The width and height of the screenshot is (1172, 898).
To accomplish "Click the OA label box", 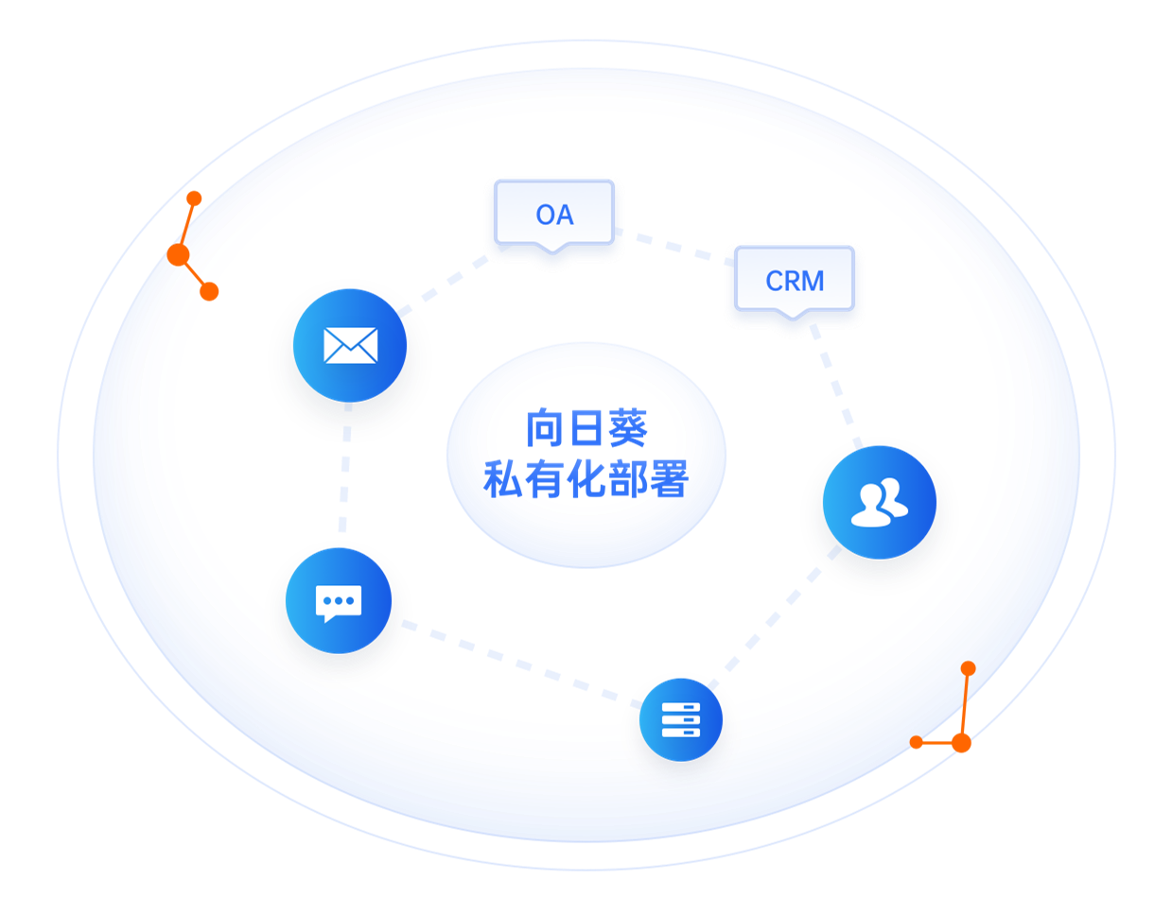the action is [x=554, y=214].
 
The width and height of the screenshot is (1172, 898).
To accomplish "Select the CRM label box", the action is [x=795, y=280].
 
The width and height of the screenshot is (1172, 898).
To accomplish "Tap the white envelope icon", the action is [x=350, y=345].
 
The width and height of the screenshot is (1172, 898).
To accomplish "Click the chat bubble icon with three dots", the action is [x=339, y=603].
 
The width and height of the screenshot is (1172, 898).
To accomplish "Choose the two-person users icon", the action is [x=879, y=502].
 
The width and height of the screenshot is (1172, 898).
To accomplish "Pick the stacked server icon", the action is [x=681, y=719].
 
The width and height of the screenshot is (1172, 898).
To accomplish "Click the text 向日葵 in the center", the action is [x=586, y=428].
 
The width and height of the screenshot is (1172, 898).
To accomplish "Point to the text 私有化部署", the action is [x=586, y=479].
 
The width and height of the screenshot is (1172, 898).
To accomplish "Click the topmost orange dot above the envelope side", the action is [x=194, y=199].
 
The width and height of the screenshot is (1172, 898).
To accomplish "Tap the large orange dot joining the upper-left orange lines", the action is [x=178, y=254].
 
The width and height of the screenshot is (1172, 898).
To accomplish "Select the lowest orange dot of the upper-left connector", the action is [x=209, y=291].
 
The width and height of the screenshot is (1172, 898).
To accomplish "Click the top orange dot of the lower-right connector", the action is [x=968, y=668].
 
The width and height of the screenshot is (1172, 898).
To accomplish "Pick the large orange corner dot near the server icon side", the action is [x=961, y=743].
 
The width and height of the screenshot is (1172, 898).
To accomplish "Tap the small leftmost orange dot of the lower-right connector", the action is [x=916, y=742].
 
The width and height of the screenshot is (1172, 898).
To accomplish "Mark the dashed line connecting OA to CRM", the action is [x=674, y=248].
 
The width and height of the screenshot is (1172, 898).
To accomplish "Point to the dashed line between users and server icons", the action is [x=774, y=618].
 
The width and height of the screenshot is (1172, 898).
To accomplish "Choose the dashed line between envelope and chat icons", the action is [x=345, y=468].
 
